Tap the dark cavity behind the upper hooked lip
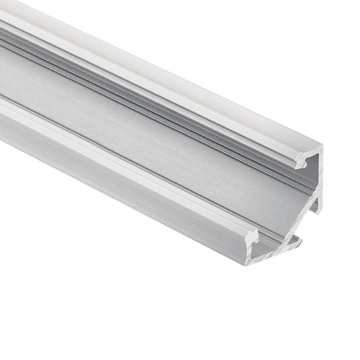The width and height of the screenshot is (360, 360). [311, 164]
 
